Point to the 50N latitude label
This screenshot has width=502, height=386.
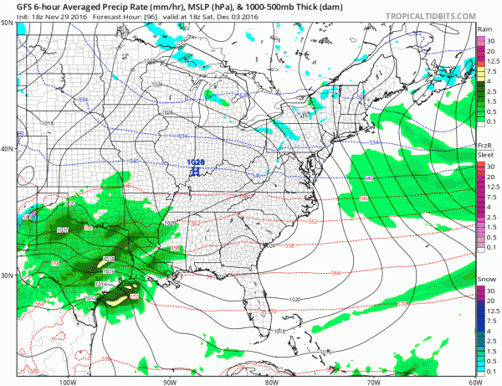point(7,23)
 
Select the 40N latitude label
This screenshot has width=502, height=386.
point(7,149)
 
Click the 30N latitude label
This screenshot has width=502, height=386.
point(7,275)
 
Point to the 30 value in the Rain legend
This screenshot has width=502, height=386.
point(492,39)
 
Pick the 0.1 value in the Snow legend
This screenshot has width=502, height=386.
point(492,371)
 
